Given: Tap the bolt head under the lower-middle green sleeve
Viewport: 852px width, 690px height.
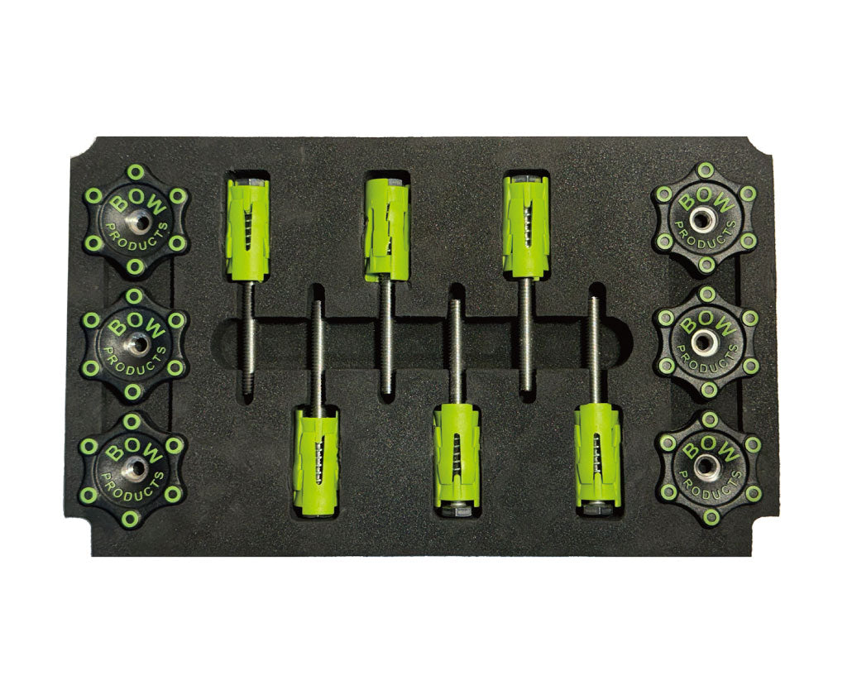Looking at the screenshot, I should (x=457, y=510).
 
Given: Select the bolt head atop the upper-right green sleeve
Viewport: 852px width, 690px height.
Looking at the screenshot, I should (x=527, y=178).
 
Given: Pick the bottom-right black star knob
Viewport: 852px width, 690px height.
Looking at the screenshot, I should (x=707, y=467).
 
